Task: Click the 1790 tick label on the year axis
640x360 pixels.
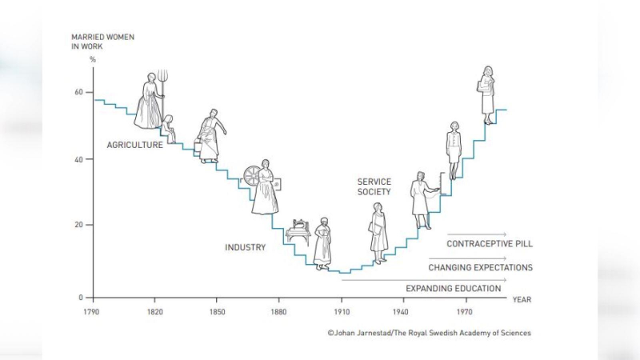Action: pyautogui.click(x=92, y=311)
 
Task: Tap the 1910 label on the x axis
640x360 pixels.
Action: pyautogui.click(x=342, y=311)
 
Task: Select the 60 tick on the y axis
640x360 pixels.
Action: pyautogui.click(x=78, y=93)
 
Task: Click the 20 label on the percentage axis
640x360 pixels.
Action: pyautogui.click(x=78, y=225)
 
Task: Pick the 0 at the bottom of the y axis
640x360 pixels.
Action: pyautogui.click(x=81, y=297)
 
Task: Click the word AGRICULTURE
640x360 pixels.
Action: pyautogui.click(x=134, y=146)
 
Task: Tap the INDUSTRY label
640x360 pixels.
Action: pyautogui.click(x=245, y=248)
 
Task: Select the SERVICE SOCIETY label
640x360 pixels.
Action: pyautogui.click(x=374, y=187)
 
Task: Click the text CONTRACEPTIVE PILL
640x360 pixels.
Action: pyautogui.click(x=490, y=244)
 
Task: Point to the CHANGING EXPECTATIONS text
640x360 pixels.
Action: pyautogui.click(x=480, y=268)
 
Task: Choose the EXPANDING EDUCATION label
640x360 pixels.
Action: pyautogui.click(x=454, y=288)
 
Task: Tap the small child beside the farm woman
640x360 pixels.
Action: pyautogui.click(x=169, y=128)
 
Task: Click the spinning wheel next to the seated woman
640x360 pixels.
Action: pyautogui.click(x=254, y=176)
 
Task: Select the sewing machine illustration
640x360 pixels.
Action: pyautogui.click(x=299, y=230)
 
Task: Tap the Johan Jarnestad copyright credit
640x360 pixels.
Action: pyautogui.click(x=428, y=333)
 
